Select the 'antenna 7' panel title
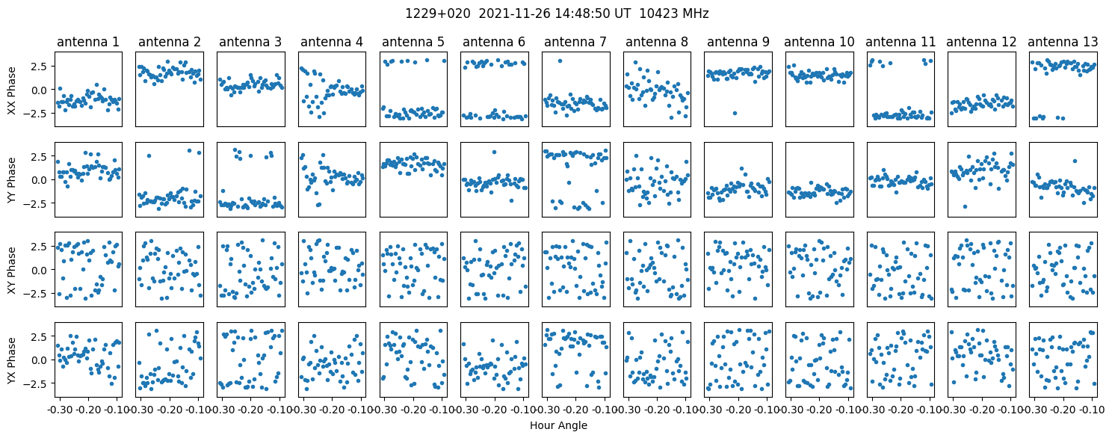[575, 43]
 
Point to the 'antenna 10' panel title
[818, 43]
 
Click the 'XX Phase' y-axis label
[11, 90]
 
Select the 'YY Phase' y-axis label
[11, 179]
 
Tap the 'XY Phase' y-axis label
[11, 269]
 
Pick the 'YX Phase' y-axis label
[11, 359]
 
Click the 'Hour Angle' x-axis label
[558, 426]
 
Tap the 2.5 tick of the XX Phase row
[38, 67]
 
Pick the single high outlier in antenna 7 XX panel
[560, 61]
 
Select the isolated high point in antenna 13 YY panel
[1074, 161]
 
